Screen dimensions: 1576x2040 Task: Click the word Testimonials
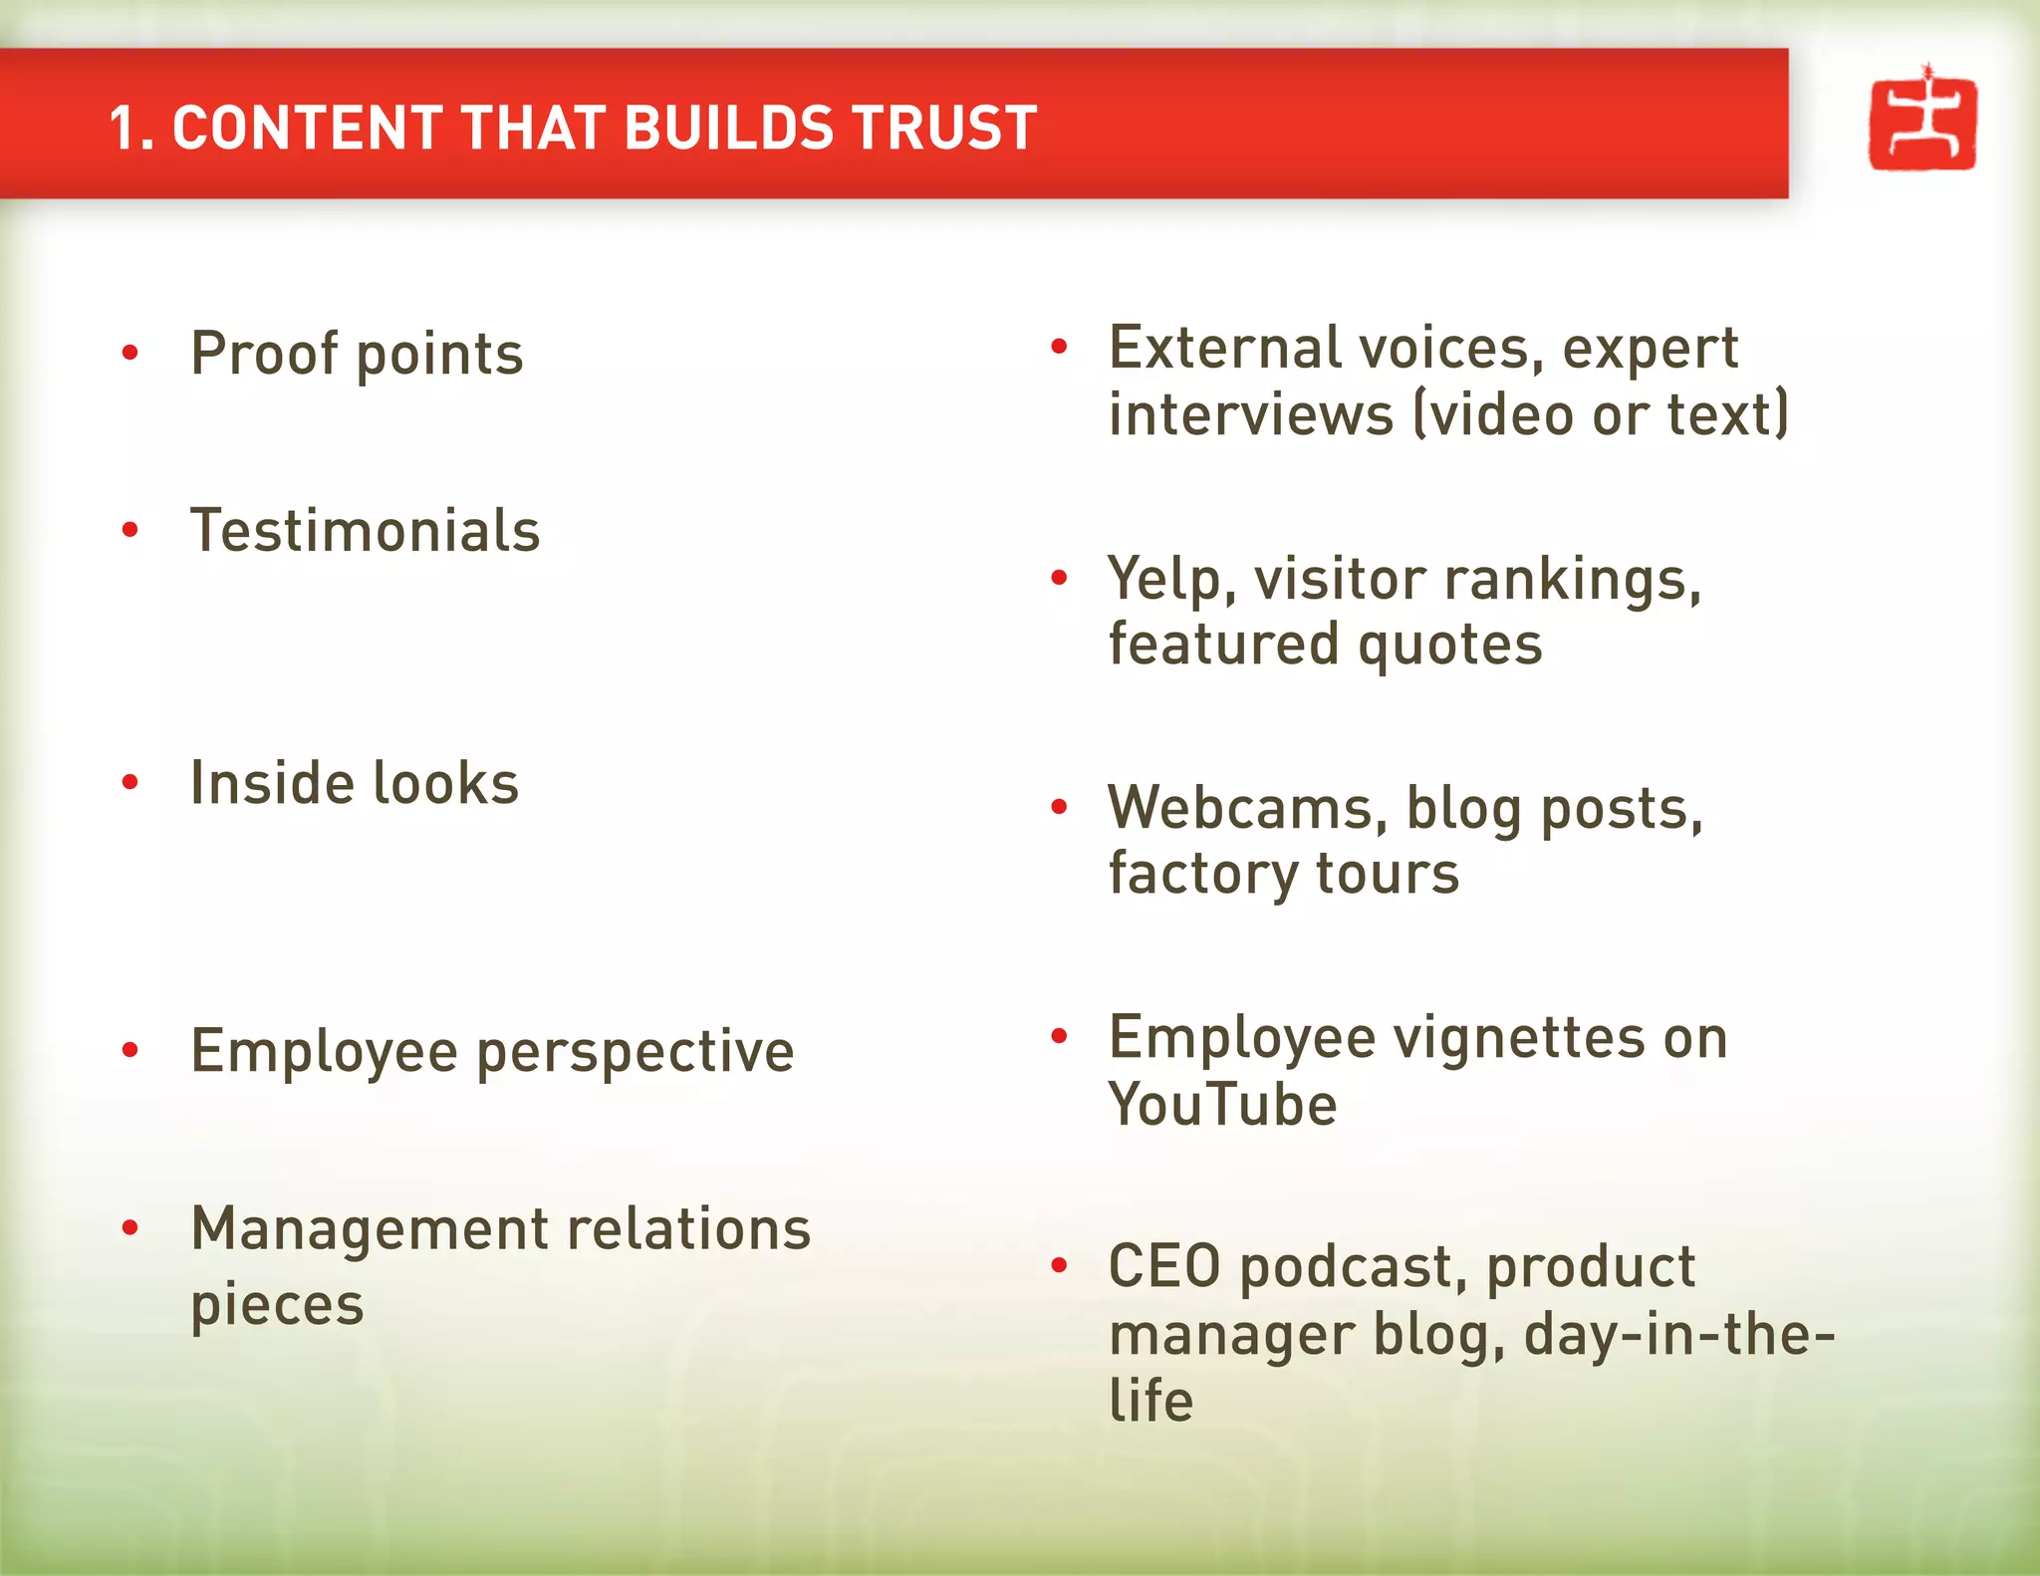tap(365, 530)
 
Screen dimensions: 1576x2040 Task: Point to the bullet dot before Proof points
tap(129, 352)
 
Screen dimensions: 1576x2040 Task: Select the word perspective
tap(636, 1053)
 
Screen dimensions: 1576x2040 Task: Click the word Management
tap(369, 1229)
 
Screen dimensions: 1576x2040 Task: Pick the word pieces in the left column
tap(277, 1305)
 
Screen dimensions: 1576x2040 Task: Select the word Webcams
tap(1240, 808)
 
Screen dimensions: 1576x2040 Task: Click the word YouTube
tap(1222, 1105)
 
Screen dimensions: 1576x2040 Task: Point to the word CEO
tap(1164, 1267)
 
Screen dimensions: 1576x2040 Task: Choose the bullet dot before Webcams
tap(1059, 806)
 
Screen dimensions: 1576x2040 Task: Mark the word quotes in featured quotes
tap(1449, 645)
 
